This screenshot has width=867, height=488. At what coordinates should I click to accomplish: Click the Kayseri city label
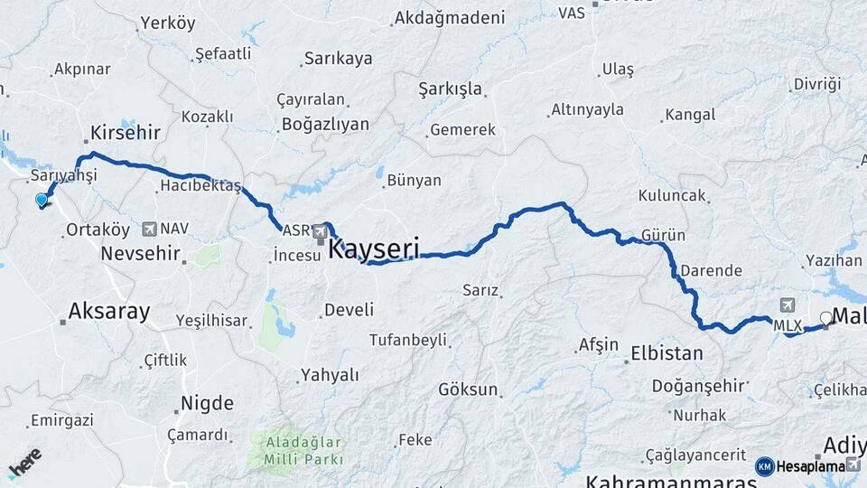(374, 248)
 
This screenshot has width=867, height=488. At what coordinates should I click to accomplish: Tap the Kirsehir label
(126, 133)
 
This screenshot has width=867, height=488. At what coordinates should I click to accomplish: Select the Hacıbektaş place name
(200, 186)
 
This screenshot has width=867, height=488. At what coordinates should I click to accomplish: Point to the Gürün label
(663, 236)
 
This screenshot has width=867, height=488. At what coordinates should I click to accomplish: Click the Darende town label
(711, 270)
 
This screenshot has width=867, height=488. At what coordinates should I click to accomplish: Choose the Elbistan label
(667, 353)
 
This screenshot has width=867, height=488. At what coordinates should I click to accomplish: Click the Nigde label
(207, 403)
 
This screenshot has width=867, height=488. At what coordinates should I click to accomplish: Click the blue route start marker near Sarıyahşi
(42, 201)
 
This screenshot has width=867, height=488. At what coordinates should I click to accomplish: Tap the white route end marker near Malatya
(825, 318)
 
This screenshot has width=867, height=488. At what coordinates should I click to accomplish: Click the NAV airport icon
(149, 229)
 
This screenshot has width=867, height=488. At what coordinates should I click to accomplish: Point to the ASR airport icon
(320, 233)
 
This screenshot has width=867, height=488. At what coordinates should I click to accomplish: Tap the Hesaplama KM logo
(807, 465)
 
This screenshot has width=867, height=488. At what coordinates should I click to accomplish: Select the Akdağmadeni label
(449, 18)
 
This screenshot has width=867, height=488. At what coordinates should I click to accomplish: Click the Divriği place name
(816, 84)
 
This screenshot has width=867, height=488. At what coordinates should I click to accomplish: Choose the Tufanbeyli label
(407, 340)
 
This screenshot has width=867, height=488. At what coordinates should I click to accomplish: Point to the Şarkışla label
(450, 89)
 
